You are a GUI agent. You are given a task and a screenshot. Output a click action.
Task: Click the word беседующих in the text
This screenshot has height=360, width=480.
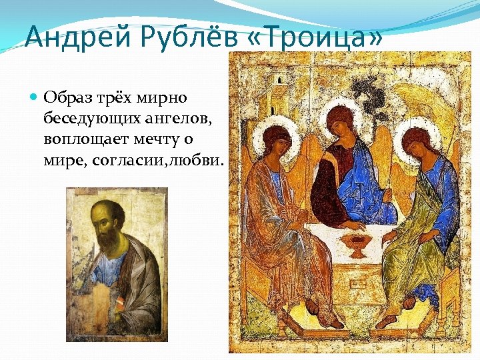tap(91, 119)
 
